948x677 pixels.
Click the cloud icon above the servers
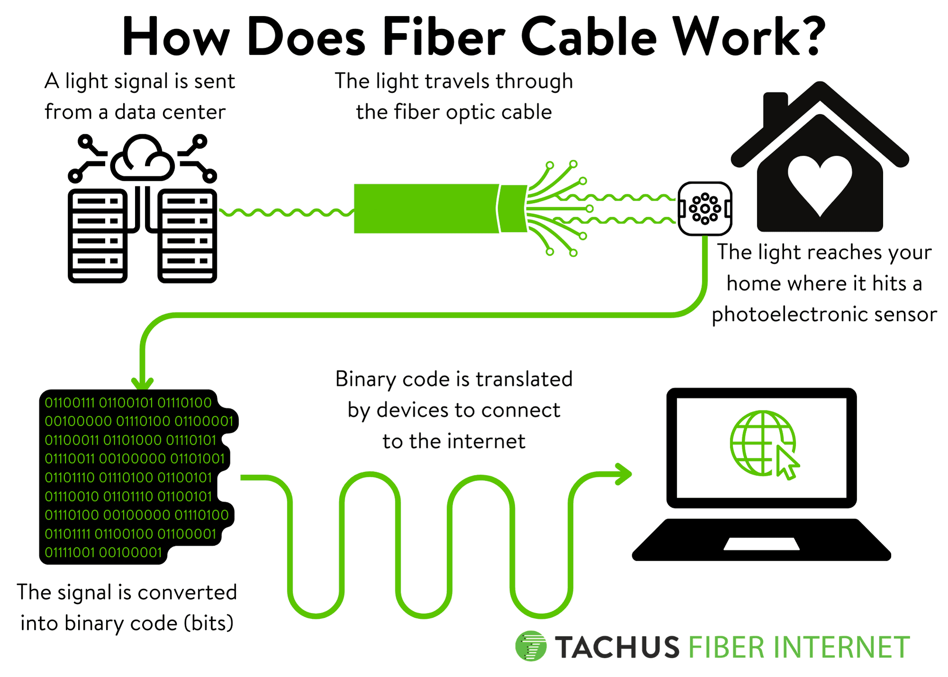click(x=142, y=159)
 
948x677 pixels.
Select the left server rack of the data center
click(x=98, y=236)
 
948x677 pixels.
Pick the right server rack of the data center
click(x=187, y=236)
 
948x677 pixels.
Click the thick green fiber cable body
click(x=427, y=209)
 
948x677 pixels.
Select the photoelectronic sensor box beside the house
click(x=705, y=209)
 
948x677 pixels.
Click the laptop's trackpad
click(x=761, y=544)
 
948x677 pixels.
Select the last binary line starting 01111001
click(x=103, y=553)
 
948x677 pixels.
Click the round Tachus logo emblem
click(x=530, y=646)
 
